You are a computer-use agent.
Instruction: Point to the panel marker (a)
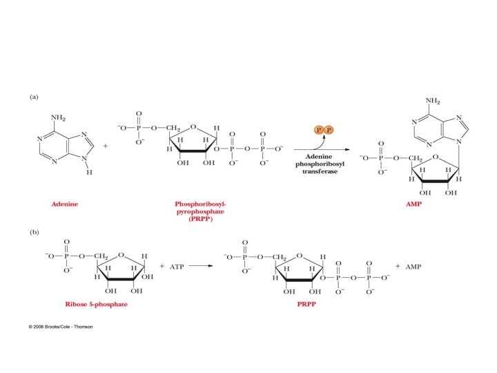coord(34,97)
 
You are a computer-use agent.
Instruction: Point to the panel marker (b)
coord(34,232)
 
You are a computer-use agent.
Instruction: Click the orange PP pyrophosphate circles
coord(323,130)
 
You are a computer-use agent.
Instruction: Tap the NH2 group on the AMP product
coord(433,101)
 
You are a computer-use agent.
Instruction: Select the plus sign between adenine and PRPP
coord(105,146)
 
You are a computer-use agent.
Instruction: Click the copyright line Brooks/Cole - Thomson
coord(60,326)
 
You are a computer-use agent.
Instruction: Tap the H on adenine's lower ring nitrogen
coord(88,173)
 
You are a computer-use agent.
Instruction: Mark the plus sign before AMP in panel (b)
coord(398,265)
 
